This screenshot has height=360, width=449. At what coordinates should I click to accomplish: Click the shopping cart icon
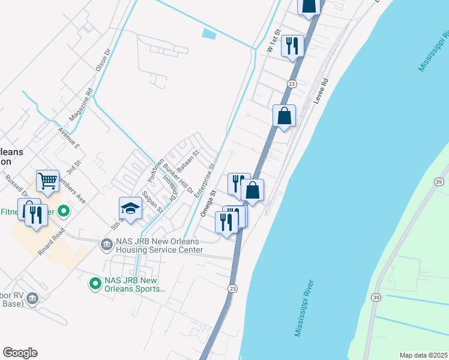[47, 180]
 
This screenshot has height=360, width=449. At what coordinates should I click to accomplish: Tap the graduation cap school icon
[130, 208]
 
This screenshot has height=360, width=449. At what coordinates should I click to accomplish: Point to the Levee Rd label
[322, 91]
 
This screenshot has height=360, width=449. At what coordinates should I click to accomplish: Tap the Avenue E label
[69, 138]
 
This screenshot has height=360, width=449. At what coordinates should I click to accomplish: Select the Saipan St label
[152, 202]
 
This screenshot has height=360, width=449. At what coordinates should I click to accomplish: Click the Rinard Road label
[49, 245]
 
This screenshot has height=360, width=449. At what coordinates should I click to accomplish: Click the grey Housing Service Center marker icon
[106, 244]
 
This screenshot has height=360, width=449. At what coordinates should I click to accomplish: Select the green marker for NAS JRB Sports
[95, 283]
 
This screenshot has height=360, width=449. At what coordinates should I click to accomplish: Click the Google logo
[20, 353]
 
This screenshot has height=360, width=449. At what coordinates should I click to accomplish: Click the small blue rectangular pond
[209, 34]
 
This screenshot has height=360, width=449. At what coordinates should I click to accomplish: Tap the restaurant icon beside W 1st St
[292, 46]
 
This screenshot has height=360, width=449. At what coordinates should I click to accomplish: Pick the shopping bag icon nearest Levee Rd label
[284, 115]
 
